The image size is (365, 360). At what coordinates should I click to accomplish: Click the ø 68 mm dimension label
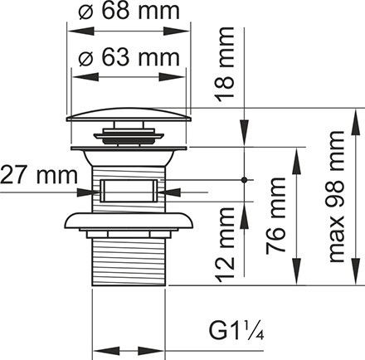tap(129, 11)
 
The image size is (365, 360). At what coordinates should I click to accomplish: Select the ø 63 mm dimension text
tap(129, 57)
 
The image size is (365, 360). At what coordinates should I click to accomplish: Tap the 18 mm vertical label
tap(225, 64)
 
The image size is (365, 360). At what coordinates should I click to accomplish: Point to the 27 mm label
tap(39, 175)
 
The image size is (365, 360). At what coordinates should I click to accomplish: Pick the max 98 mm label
tap(336, 197)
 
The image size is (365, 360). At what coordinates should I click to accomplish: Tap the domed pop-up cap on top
tap(129, 114)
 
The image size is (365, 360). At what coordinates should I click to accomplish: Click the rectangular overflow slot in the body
tap(129, 191)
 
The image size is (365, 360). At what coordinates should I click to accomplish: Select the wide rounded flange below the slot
tap(129, 221)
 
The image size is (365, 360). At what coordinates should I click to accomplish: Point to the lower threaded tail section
tap(129, 261)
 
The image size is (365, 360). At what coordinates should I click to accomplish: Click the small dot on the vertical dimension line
tap(244, 180)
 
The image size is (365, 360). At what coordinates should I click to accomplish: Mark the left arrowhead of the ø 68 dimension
tap(81, 31)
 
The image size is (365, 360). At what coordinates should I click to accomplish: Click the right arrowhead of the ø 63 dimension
tap(171, 77)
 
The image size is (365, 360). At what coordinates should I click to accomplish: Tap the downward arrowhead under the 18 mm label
tap(244, 133)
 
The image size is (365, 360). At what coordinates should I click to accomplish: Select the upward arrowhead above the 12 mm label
tap(244, 215)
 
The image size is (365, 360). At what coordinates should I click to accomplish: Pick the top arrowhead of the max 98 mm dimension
tap(356, 122)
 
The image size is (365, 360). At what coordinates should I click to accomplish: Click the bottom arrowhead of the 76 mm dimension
tap(297, 271)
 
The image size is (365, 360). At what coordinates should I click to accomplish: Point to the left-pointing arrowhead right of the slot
tap(169, 192)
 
